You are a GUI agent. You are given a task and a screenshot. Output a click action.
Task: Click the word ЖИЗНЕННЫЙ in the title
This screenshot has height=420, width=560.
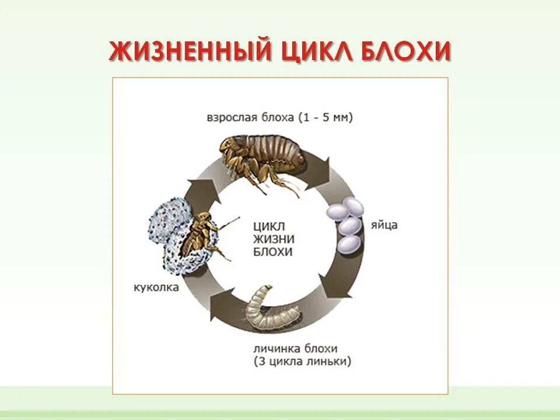(190, 51)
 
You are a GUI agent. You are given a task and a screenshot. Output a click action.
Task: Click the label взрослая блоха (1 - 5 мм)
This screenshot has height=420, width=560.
(279, 117)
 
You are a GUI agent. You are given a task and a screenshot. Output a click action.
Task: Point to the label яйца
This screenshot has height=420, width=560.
(383, 225)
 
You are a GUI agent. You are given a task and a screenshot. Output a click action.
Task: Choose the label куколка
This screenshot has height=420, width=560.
(156, 288)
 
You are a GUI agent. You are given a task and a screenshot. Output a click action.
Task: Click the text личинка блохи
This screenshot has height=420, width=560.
(295, 349)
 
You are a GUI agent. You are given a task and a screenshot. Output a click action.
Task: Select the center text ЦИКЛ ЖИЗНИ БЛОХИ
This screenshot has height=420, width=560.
(274, 239)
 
